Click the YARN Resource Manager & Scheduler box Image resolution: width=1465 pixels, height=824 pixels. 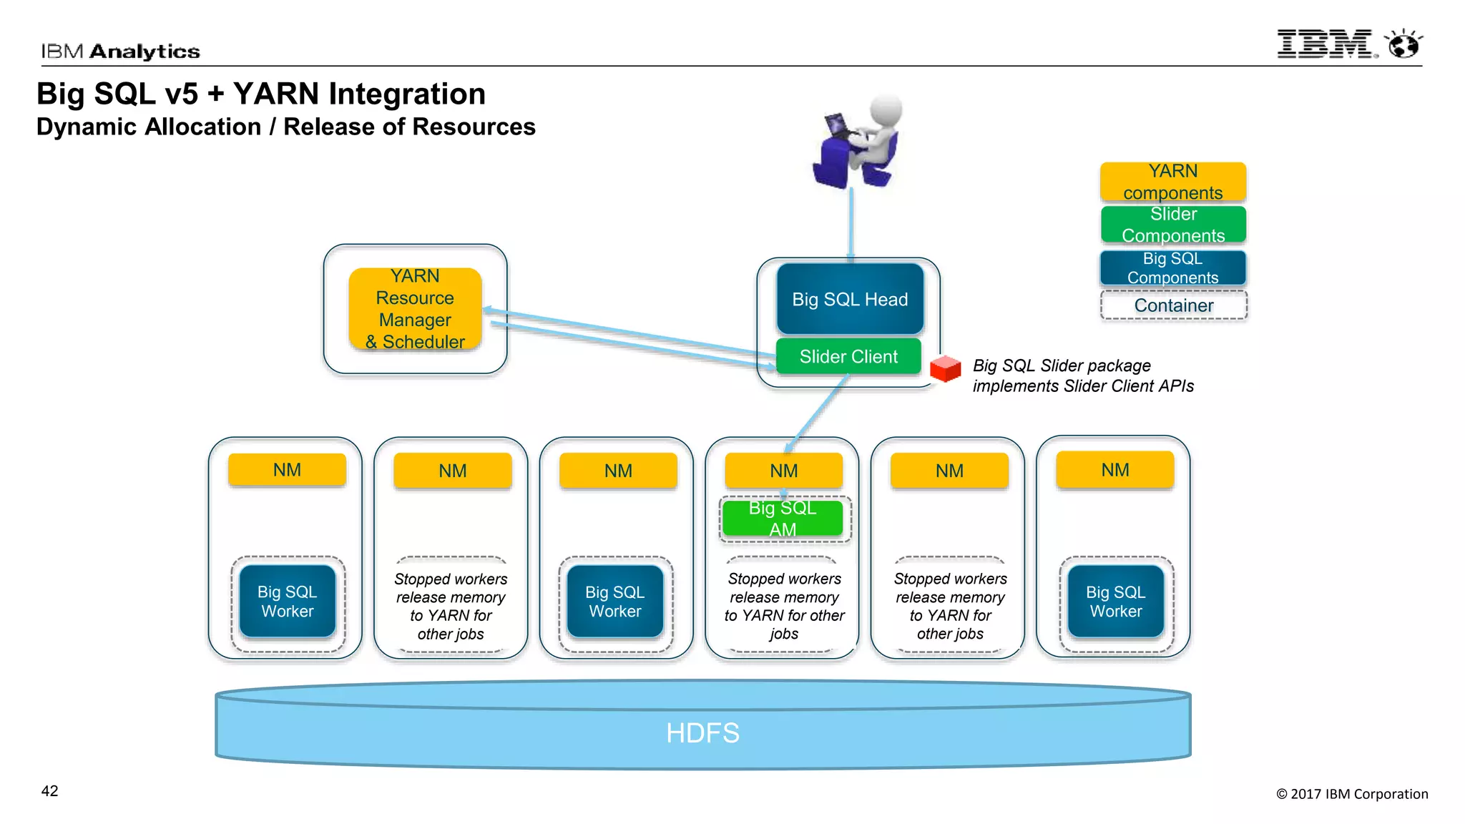pos(415,309)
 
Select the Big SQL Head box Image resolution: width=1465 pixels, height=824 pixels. pos(850,299)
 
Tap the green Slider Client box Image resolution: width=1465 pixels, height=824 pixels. pos(848,356)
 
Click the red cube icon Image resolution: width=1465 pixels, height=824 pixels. pos(945,368)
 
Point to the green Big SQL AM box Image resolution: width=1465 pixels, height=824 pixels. pos(783,519)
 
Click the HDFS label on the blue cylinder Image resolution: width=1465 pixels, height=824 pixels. pos(702,733)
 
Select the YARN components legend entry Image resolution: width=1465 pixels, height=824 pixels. pos(1173,182)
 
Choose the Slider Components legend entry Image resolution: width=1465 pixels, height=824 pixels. pos(1173,225)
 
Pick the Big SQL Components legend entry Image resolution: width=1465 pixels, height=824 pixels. pos(1173,268)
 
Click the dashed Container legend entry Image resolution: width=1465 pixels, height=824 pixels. pos(1173,305)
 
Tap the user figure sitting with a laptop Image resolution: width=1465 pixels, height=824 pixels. pos(858,143)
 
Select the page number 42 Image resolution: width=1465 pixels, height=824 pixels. pos(49,791)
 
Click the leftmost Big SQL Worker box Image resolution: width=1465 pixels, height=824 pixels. pos(287,602)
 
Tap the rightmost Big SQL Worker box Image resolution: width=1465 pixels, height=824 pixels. pos(1115,602)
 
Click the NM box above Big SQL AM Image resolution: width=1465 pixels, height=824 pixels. pos(784,471)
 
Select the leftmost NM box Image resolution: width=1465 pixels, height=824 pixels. pos(287,470)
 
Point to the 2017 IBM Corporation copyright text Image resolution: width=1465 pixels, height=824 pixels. pos(1352,794)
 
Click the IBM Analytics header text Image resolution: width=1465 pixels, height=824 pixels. pos(120,51)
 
